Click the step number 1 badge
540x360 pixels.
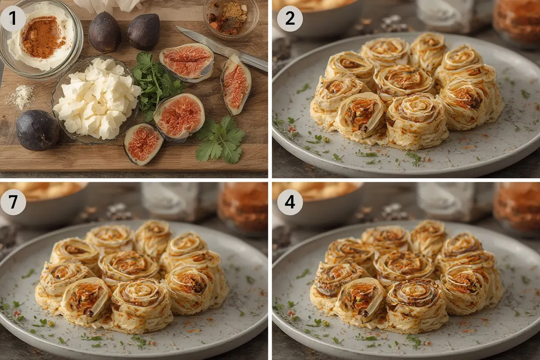click(13, 18)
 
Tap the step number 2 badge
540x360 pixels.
click(290, 18)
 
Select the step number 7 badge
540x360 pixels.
click(13, 202)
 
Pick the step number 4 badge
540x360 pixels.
click(290, 202)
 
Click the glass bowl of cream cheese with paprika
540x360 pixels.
click(40, 39)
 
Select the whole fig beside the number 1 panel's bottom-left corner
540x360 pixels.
click(38, 130)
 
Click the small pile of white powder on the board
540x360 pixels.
click(21, 96)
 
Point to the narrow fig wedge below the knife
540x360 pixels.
click(236, 85)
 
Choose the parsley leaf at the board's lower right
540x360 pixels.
click(220, 140)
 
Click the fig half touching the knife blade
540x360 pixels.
click(187, 62)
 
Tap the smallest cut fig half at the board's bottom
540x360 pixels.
click(143, 144)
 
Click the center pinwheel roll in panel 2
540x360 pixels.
click(404, 81)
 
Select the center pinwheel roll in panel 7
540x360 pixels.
click(129, 268)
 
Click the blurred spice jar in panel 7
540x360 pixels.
click(243, 208)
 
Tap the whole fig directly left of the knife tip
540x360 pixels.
click(144, 31)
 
